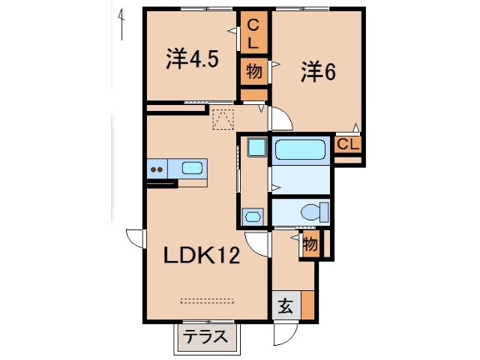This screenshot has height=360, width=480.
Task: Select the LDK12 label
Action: pos(202,256)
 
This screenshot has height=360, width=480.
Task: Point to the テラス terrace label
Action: pos(205,337)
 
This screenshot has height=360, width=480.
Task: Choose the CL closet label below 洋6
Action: pos(347,145)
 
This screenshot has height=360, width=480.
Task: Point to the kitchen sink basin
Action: pos(193,168)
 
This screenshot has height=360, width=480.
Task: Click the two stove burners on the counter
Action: pos(157,169)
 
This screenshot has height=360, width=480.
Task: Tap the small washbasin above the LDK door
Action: pos(253,217)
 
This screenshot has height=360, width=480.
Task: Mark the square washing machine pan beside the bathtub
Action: pos(257,147)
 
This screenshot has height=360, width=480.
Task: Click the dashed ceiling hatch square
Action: pos(223,119)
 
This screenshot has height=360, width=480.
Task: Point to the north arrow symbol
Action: pos(120,22)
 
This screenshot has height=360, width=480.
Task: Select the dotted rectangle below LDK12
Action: pos(208,301)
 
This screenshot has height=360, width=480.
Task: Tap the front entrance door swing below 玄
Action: pos(285,334)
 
